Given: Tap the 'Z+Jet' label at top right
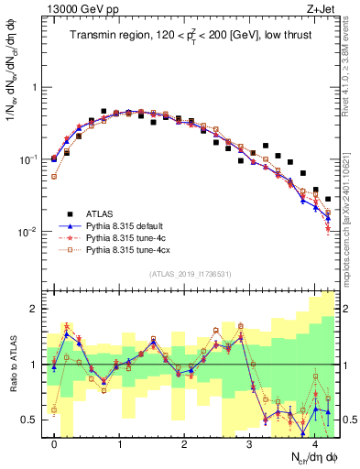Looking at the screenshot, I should coord(321,10).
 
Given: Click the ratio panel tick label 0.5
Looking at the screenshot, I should coord(29,420).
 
